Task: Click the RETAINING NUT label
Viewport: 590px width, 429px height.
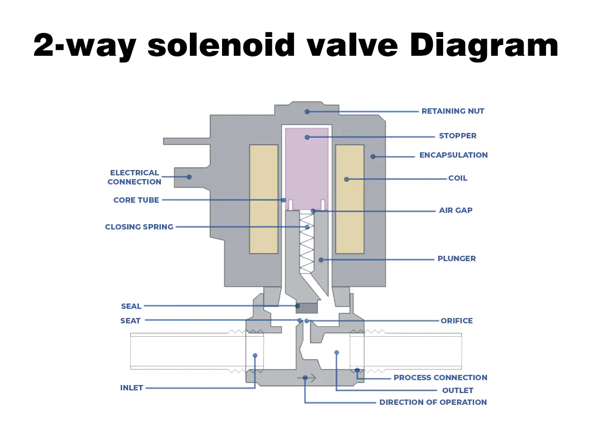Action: click(453, 111)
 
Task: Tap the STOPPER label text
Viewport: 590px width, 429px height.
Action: click(458, 136)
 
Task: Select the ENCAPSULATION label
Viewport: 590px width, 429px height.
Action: click(453, 155)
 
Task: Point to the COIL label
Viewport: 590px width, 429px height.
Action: click(458, 178)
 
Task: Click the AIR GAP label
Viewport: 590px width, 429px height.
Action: click(455, 210)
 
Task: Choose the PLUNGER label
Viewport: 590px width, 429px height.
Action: click(456, 258)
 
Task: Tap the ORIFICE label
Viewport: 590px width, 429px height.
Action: click(456, 321)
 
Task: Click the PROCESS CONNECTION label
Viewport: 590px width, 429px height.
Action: click(440, 378)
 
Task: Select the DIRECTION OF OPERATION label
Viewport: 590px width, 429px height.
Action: click(433, 402)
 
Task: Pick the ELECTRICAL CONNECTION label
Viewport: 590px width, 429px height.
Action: click(134, 177)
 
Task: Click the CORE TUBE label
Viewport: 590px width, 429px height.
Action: click(136, 200)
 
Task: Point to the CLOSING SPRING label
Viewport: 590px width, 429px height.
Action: click(139, 227)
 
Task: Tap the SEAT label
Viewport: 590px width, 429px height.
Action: click(130, 321)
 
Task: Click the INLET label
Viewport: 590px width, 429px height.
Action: click(131, 388)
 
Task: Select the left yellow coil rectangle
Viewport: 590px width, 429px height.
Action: click(263, 198)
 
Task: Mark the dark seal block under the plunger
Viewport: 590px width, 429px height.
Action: click(307, 308)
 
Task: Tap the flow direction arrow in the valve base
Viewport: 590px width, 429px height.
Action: click(310, 378)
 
